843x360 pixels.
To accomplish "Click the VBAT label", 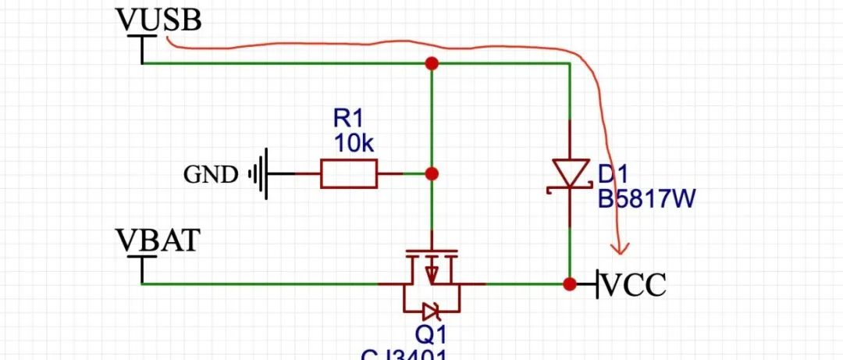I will point(158,241).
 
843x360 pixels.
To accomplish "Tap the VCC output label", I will point(635,285).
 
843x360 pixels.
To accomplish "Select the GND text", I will point(211,174).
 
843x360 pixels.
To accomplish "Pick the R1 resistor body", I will point(348,173).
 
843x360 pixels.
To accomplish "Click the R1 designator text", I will point(349,119).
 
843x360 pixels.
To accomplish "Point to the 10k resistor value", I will point(355,144).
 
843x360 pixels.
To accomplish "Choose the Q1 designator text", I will point(430,334).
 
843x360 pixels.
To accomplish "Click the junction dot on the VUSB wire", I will point(431,63).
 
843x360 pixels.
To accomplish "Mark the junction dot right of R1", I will point(431,173).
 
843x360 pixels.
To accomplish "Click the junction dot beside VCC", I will point(570,284).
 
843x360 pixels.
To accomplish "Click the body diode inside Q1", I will point(430,310).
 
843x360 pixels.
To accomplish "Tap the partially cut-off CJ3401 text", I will point(404,355).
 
